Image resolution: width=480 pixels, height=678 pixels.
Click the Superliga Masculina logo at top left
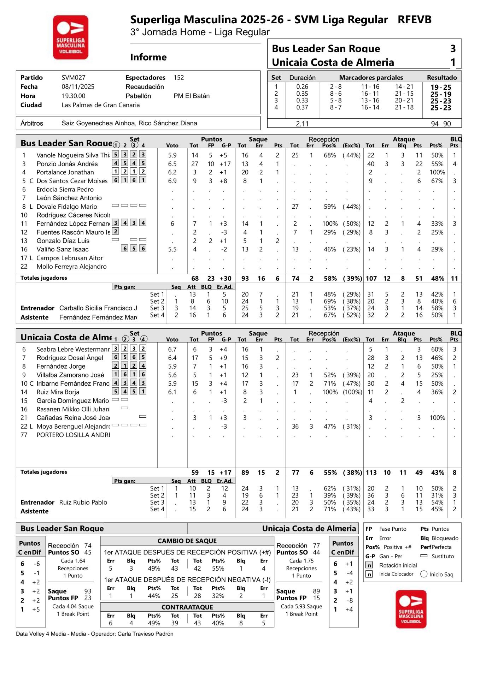(71, 37)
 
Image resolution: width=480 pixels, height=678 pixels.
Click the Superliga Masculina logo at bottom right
(411, 609)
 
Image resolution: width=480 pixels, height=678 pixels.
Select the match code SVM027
(74, 78)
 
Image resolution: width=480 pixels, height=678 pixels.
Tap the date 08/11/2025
(78, 87)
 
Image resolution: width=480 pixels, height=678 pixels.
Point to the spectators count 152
(179, 78)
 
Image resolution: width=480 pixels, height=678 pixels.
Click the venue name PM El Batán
(192, 96)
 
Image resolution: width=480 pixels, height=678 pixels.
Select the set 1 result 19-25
(441, 87)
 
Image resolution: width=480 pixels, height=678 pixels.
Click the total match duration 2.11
(302, 124)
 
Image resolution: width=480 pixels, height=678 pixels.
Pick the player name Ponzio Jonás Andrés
(67, 164)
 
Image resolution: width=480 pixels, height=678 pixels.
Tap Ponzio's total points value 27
(195, 164)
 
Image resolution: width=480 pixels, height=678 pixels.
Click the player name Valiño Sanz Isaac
(63, 249)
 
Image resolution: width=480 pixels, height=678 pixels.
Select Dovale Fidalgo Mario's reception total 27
(295, 207)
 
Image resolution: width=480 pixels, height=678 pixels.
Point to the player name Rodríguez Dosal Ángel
(70, 358)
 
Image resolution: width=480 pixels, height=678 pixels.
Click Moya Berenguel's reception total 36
(295, 427)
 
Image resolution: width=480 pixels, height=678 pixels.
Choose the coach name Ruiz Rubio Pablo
(83, 502)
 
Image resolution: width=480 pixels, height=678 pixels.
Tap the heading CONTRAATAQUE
(187, 607)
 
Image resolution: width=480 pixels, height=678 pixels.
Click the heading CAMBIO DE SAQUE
(187, 541)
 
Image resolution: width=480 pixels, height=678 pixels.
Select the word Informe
(148, 57)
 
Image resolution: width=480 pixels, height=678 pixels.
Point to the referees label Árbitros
(32, 123)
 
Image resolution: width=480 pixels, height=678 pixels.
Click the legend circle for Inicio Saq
(424, 574)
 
